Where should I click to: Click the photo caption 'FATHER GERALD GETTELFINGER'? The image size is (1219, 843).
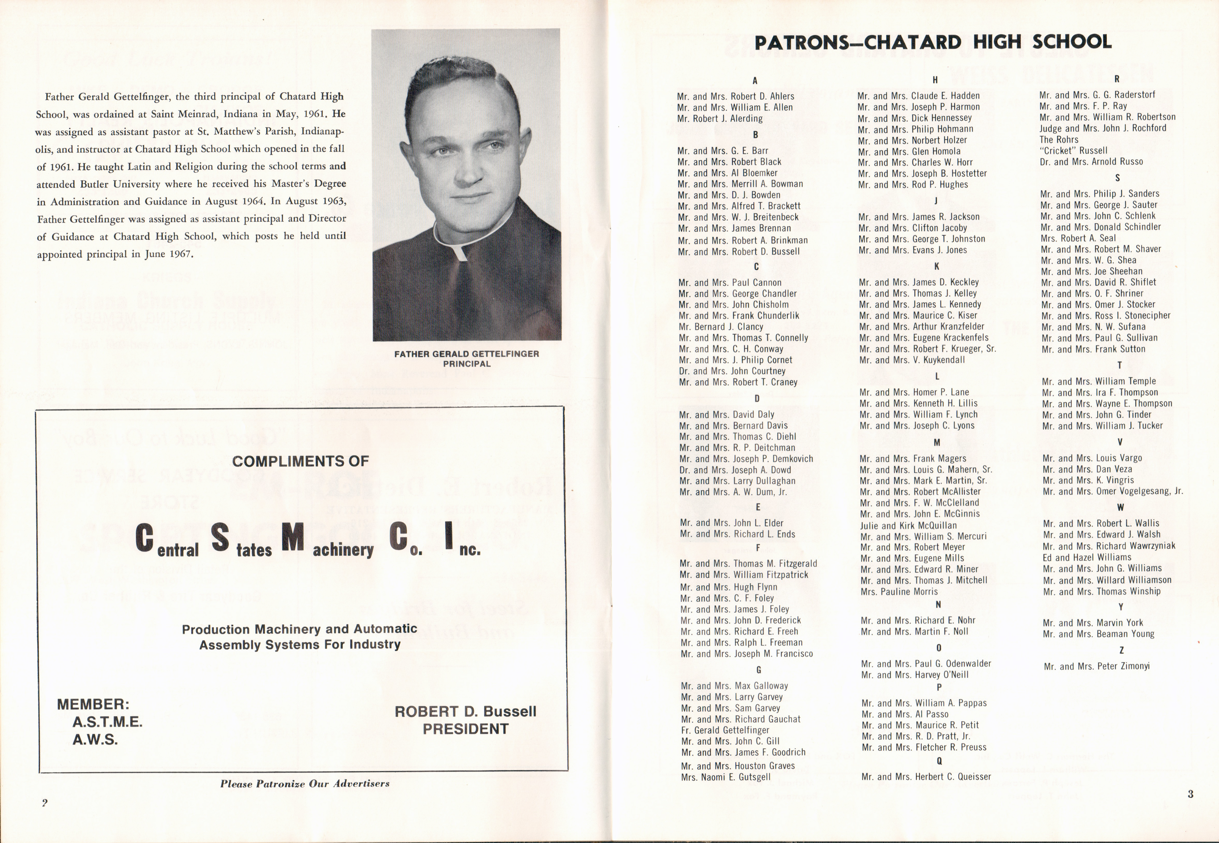pos(466,354)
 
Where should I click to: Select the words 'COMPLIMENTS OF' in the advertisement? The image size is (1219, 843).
pos(300,461)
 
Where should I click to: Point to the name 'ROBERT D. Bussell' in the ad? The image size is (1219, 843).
pos(465,712)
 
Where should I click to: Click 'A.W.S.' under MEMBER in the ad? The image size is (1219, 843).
pos(95,739)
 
